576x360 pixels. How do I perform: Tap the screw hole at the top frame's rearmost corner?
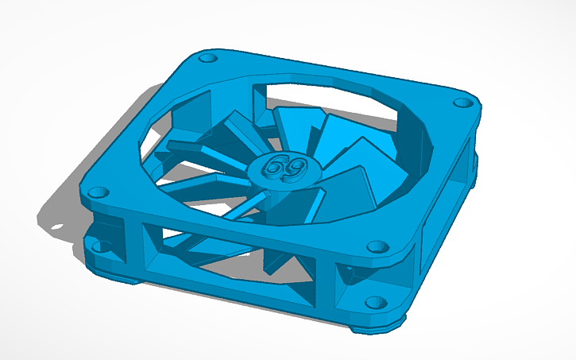point(207,58)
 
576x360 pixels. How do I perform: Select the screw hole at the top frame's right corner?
point(462,103)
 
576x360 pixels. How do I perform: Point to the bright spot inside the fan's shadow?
point(57,226)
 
